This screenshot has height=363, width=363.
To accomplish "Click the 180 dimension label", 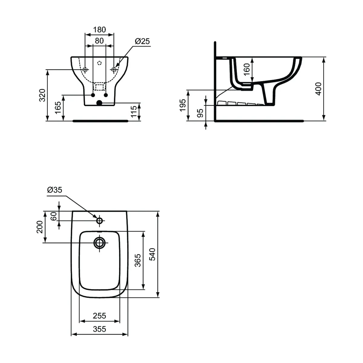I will [x=99, y=30].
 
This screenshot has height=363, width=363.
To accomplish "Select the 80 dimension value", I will [x=99, y=41].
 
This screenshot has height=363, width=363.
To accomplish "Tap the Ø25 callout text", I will [x=142, y=41].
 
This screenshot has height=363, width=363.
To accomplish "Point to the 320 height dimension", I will [x=43, y=95].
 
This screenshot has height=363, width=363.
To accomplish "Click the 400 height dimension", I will [x=318, y=89].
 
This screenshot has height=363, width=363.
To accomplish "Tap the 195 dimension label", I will [x=183, y=105].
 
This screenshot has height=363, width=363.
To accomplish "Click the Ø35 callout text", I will [x=54, y=190].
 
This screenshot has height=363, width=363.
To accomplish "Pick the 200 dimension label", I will [x=40, y=227].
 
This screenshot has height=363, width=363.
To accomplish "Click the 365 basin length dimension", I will [x=137, y=260].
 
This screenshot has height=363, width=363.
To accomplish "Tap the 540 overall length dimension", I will [x=152, y=254].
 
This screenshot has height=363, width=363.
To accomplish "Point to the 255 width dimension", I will [x=99, y=316].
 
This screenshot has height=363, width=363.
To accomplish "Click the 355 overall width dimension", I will [x=99, y=329].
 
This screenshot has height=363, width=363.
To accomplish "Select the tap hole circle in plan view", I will [x=100, y=221].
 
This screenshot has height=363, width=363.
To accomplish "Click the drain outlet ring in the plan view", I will [x=100, y=242].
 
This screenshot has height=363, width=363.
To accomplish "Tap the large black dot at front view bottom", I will [x=99, y=103].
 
